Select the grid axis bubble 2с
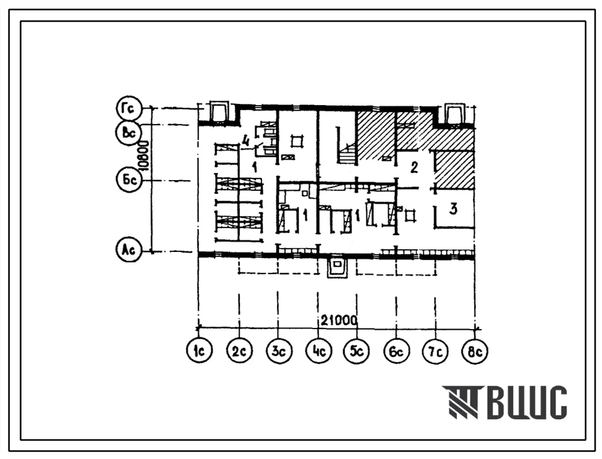[239, 349]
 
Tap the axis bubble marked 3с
[278, 349]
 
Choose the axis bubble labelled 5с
[356, 349]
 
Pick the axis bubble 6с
[396, 349]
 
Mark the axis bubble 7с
[435, 349]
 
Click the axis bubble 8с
[475, 349]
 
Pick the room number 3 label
[453, 210]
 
